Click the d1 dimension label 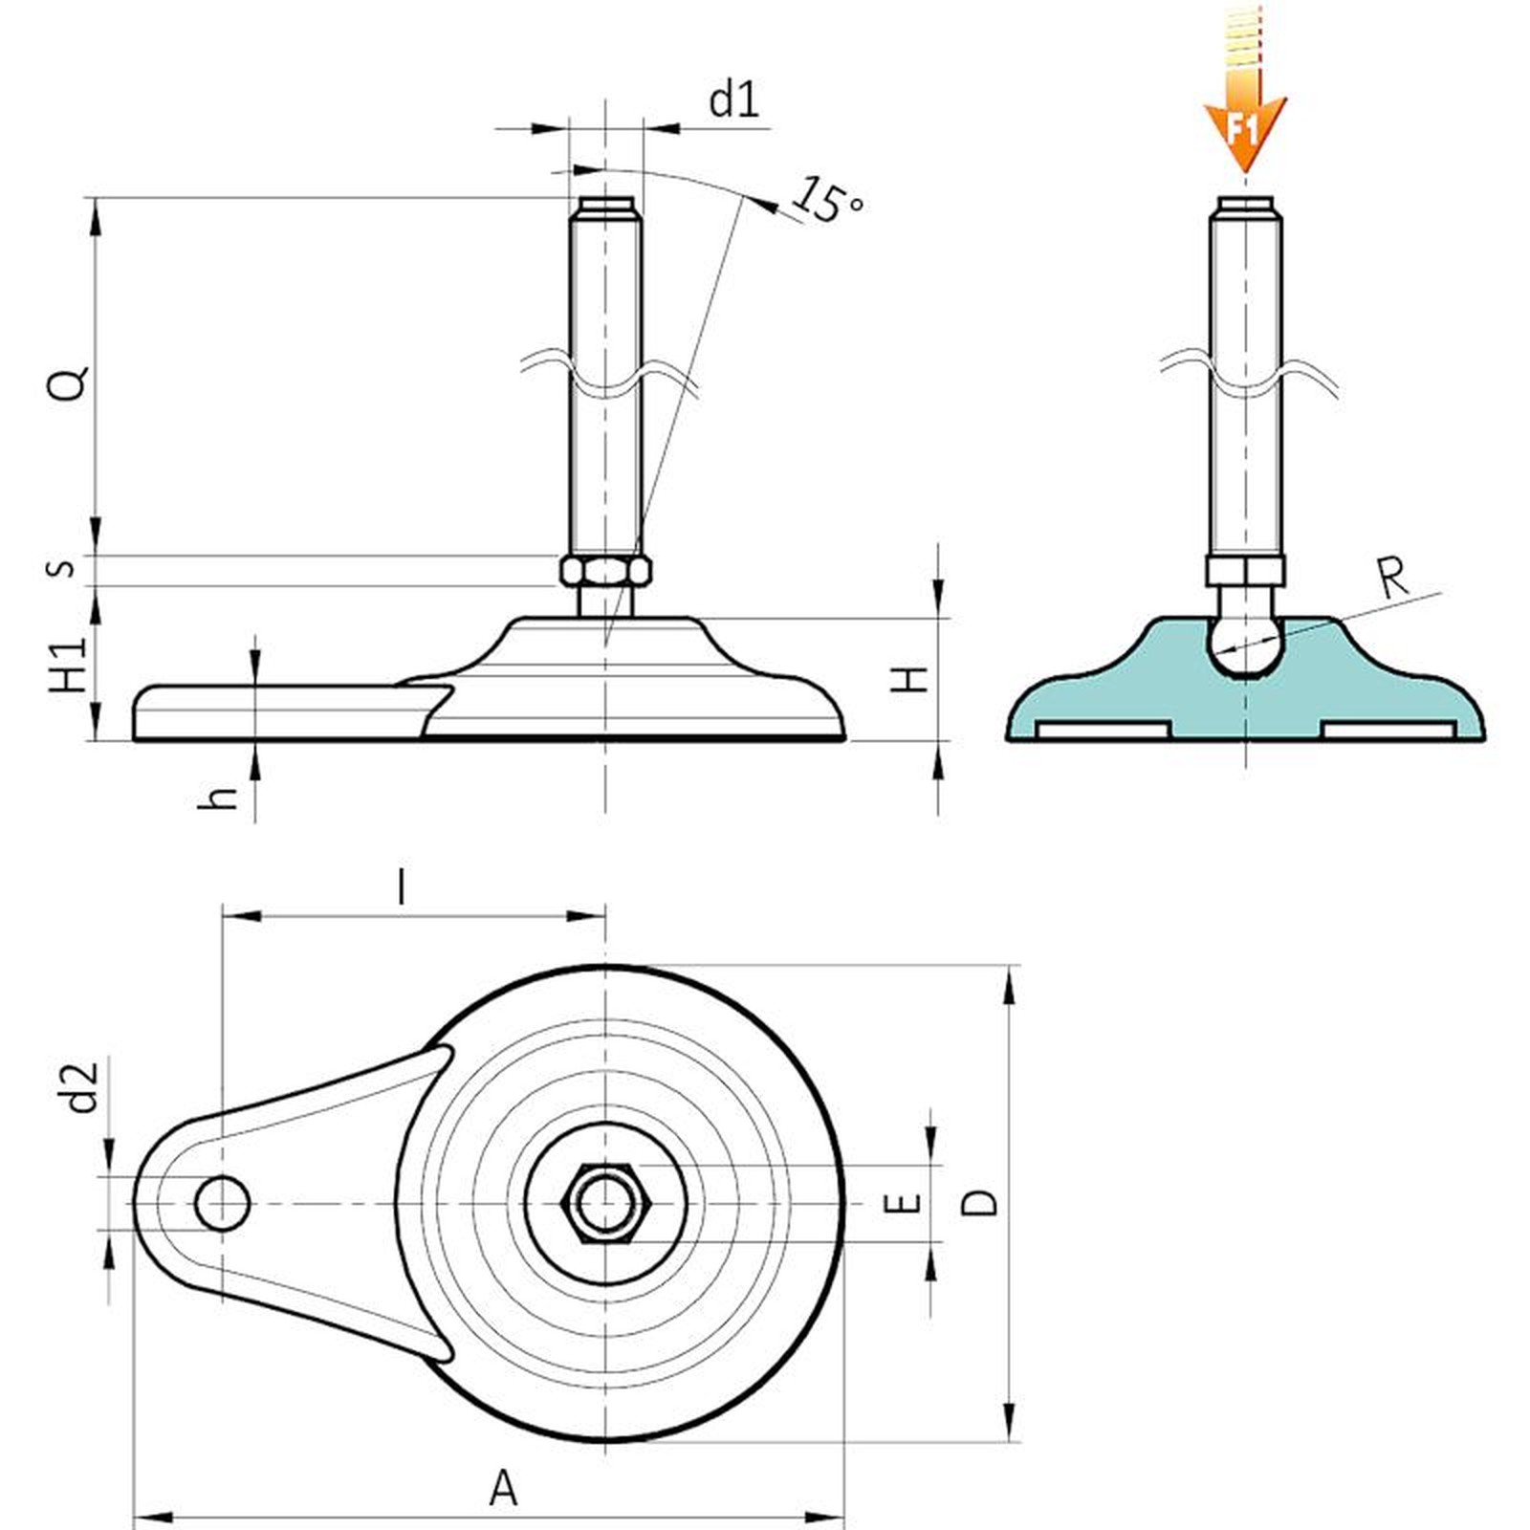click(x=733, y=99)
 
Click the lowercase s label click(x=61, y=568)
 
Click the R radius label click(x=1393, y=579)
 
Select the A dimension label click(x=503, y=1489)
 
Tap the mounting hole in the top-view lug click(x=222, y=1203)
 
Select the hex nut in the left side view click(x=605, y=571)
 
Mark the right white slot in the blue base click(x=1388, y=730)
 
